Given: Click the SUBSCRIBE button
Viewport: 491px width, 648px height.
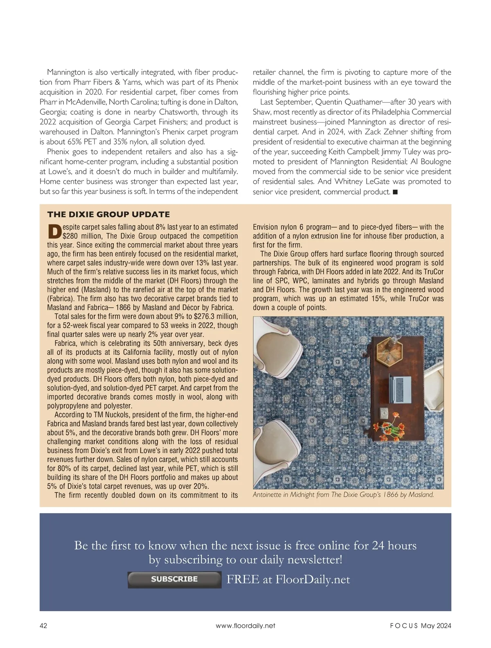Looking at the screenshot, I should click(174, 579).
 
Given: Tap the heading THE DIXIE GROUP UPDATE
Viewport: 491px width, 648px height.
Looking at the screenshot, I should click(108, 214).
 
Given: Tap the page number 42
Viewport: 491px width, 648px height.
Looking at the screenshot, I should click(43, 625).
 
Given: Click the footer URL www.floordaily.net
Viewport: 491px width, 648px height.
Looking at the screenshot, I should click(245, 625).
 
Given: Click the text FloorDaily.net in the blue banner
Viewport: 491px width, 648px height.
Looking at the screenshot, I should click(313, 579).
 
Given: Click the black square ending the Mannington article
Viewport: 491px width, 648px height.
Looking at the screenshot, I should click(395, 192).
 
